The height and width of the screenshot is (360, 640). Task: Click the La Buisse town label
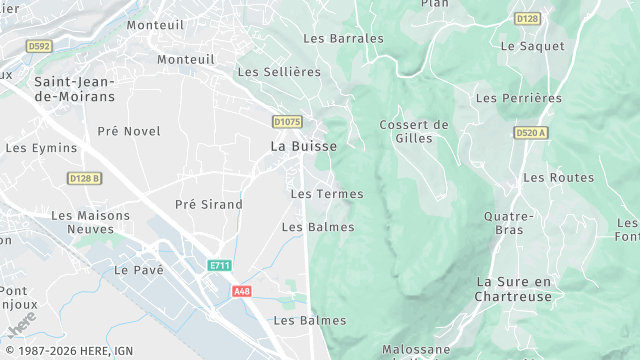point(303,146)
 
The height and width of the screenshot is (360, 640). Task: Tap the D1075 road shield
point(287,122)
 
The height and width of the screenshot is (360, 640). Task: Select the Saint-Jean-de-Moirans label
point(74,89)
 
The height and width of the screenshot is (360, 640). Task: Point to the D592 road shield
point(39,46)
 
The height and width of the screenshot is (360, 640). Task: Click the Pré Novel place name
point(129,131)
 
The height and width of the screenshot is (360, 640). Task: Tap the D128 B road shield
point(85,178)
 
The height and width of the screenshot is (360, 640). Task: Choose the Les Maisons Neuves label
point(90,222)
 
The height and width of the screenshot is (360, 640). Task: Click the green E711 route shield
point(220,266)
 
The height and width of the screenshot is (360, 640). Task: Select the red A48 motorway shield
point(241,291)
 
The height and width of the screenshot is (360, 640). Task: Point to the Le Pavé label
point(138,270)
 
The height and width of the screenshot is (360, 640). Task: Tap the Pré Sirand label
point(209,204)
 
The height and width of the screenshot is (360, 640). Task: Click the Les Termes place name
point(326,193)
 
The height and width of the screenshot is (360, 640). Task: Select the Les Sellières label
point(278,72)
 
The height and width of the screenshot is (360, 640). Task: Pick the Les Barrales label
point(343,38)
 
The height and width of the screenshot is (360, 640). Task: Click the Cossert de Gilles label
point(414,131)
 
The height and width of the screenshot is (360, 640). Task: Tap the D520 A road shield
point(531,133)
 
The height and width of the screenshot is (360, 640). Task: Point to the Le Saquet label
point(532,46)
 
